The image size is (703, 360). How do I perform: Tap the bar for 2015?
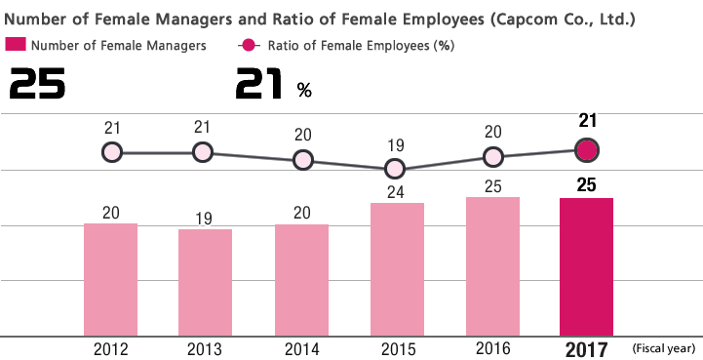coord(396,269)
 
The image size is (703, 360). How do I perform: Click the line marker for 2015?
coord(396,169)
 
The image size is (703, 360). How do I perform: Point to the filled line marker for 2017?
coord(586,150)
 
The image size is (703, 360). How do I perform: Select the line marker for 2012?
coord(111,152)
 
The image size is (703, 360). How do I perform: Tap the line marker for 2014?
coord(302,160)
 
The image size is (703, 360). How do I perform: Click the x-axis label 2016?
coord(491,347)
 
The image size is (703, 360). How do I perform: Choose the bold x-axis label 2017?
coord(586,349)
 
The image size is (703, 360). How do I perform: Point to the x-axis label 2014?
coord(302,348)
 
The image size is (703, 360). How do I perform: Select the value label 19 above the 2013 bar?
coord(205,218)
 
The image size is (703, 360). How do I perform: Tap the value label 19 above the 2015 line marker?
coord(395,145)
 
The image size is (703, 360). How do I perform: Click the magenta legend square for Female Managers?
coord(16,44)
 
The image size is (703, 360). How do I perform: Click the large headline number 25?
coord(37,86)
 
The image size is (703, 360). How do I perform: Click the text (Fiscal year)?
coord(663,348)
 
